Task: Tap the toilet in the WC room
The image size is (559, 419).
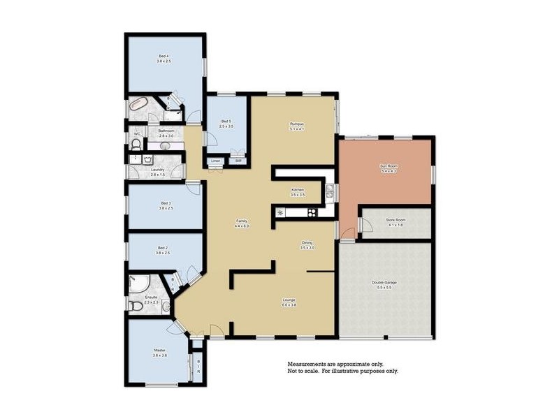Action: pyautogui.click(x=136, y=144)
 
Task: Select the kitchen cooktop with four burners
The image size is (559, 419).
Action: pyautogui.click(x=312, y=212)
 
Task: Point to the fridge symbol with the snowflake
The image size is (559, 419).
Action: pyautogui.click(x=281, y=212)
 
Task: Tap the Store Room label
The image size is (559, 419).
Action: pyautogui.click(x=395, y=220)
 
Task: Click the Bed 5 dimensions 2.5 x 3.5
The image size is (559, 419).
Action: pyautogui.click(x=226, y=126)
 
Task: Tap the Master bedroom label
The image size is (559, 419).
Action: pyautogui.click(x=159, y=351)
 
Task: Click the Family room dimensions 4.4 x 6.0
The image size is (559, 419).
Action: pyautogui.click(x=241, y=226)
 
